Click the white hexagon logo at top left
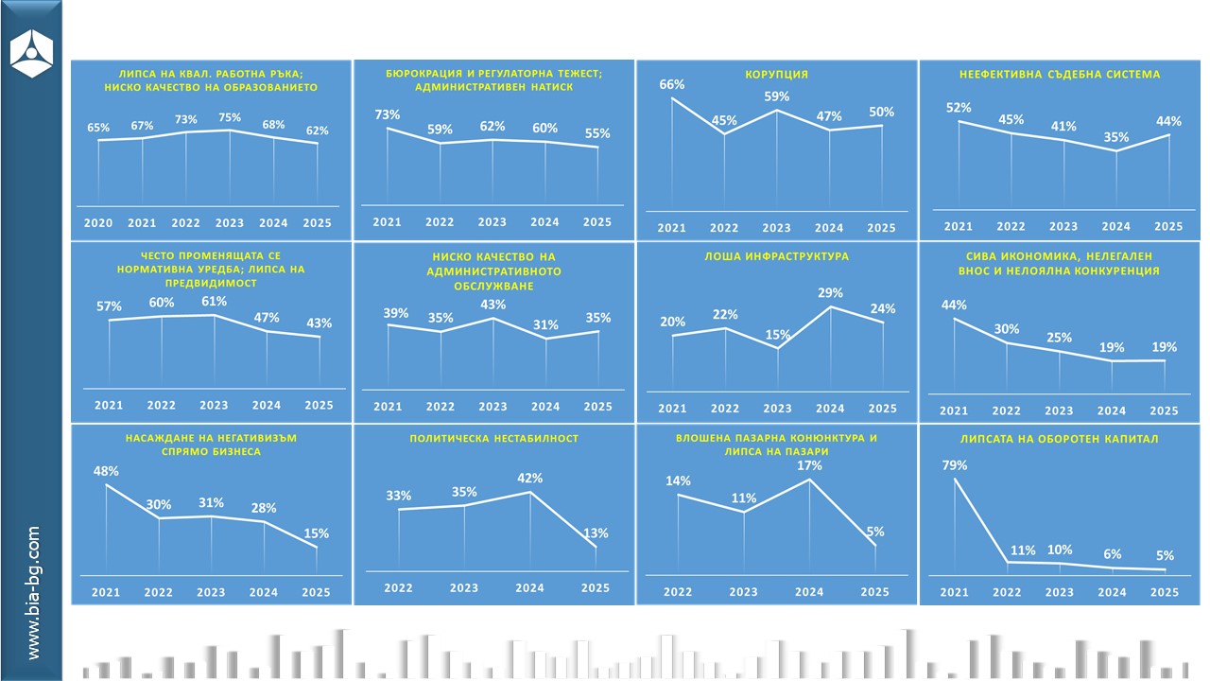coord(31,52)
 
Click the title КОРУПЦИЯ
coord(776,74)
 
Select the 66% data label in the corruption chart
coord(671,85)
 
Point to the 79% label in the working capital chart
coord(954,465)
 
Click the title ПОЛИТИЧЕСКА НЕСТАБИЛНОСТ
coord(493,439)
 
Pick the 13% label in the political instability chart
coord(596,533)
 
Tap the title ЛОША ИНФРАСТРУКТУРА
coord(776,256)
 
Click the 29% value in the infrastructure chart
coord(829,293)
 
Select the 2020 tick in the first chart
coord(98,223)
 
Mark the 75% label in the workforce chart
coord(230,118)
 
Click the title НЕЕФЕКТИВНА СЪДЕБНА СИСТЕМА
coord(1059,74)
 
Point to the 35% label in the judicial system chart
coord(1115,137)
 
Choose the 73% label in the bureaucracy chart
coord(387,114)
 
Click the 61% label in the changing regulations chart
coord(214,302)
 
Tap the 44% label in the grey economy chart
coord(954,305)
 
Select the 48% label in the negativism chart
coord(105,472)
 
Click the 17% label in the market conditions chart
coord(809,465)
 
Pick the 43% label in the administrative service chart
coord(493,305)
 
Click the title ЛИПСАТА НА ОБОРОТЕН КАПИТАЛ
coord(1059,439)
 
